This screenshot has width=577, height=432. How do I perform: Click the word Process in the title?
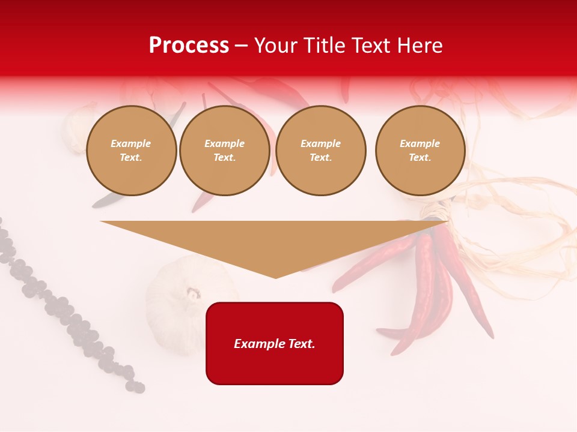point(189,46)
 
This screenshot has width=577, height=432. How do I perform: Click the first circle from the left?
point(131,151)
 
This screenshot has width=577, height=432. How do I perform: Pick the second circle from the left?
point(225,151)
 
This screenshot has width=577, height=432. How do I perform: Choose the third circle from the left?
point(321,151)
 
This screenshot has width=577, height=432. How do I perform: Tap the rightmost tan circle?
point(420,151)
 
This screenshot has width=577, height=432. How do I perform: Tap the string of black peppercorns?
point(66,312)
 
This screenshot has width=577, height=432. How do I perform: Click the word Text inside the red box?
point(301,344)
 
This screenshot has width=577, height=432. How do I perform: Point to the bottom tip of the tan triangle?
point(276,277)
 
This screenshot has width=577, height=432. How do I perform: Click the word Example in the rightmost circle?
point(420,143)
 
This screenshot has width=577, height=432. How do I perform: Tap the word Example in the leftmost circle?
point(131,143)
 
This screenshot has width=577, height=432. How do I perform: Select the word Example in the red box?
point(258,344)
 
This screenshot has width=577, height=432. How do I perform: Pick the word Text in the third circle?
point(321,157)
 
